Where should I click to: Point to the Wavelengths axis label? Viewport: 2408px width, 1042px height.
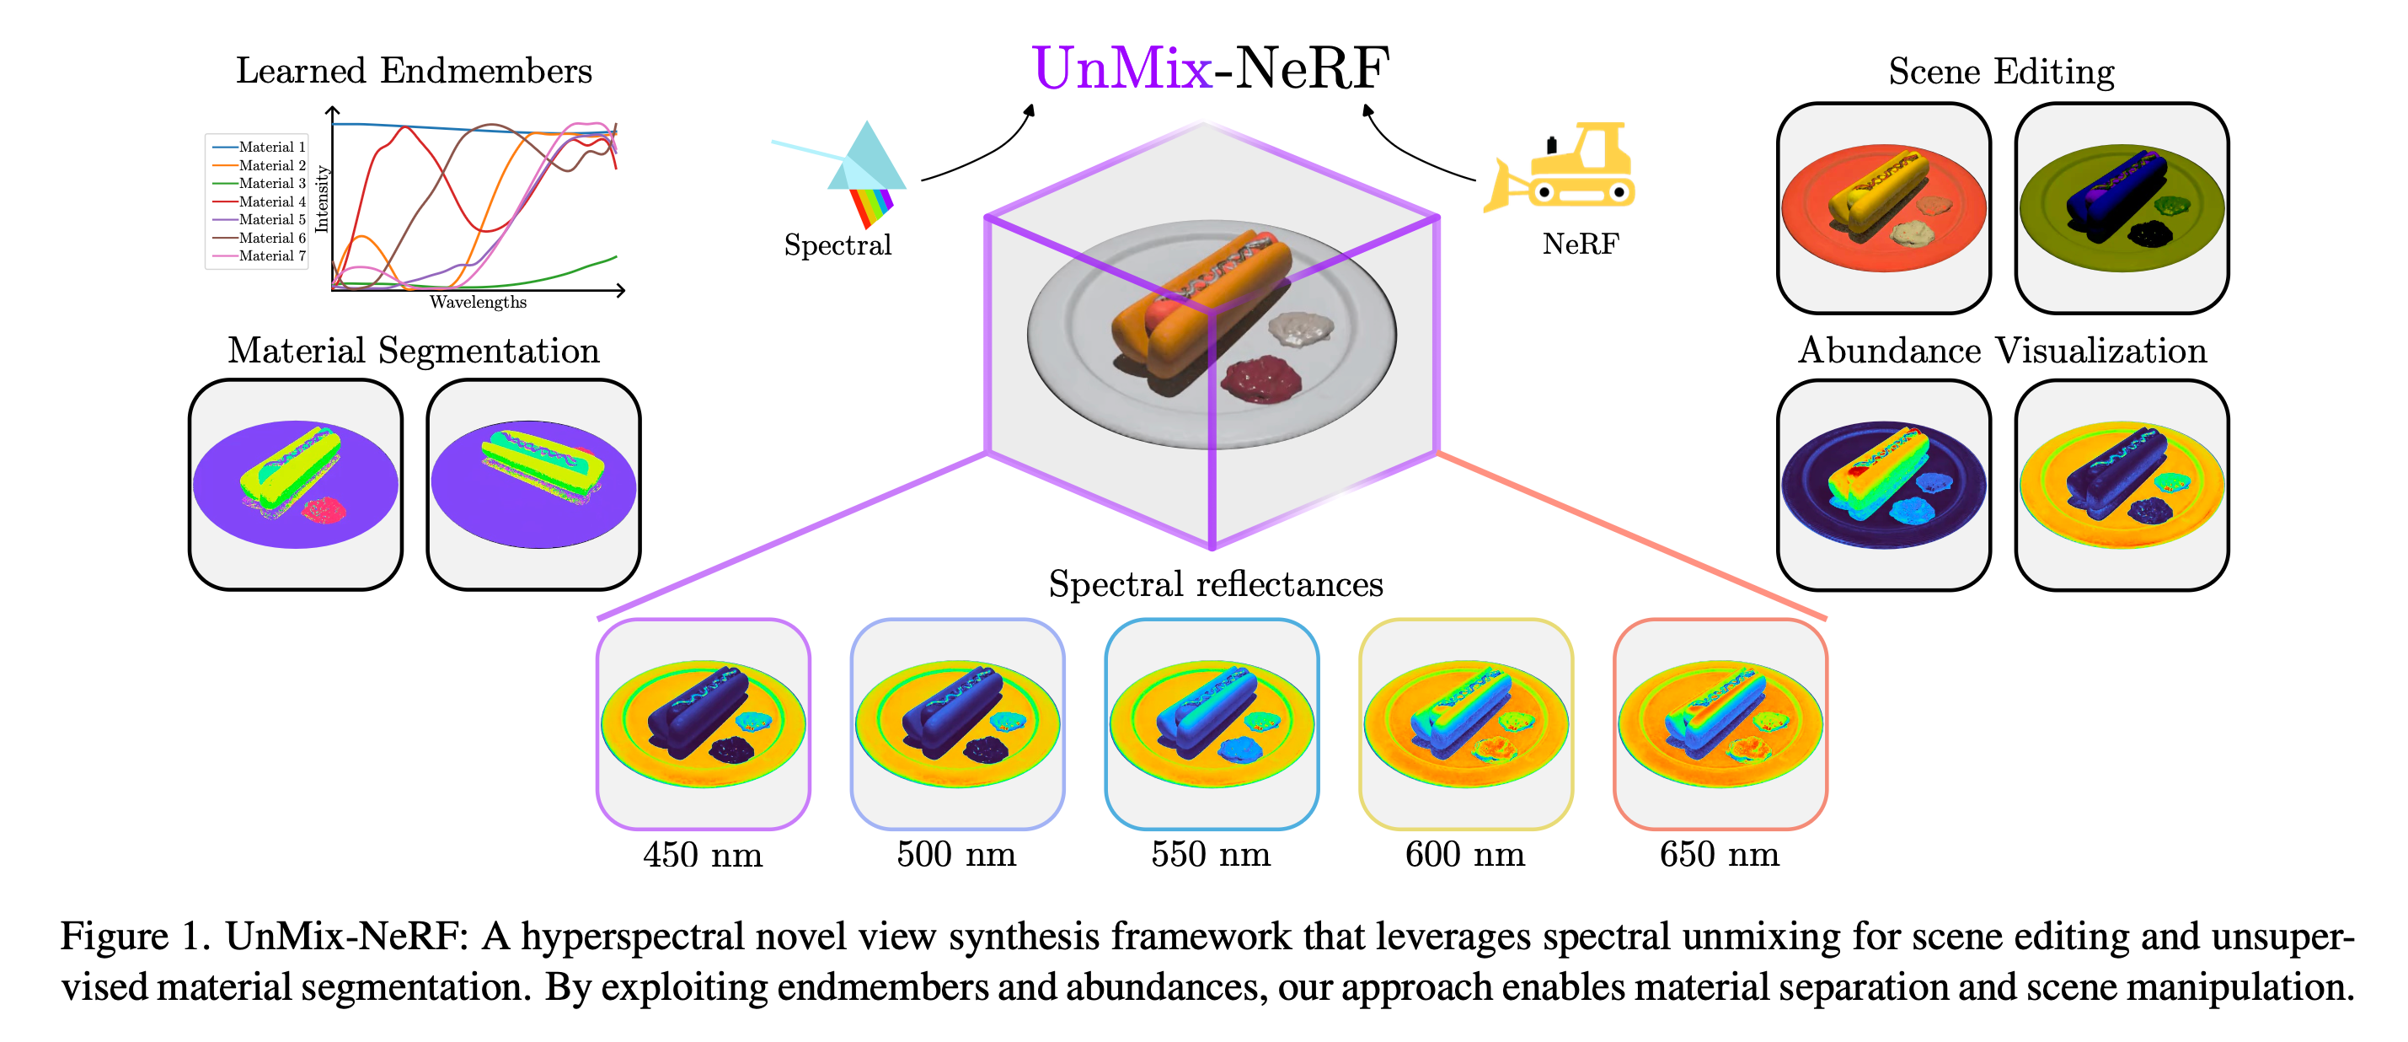tap(478, 302)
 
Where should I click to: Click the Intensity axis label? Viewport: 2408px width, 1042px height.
tap(322, 198)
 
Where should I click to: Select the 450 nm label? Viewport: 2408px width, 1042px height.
tap(703, 855)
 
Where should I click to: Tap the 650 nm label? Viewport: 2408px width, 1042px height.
tap(1719, 854)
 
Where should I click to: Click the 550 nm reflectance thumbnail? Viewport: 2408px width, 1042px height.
tap(1212, 724)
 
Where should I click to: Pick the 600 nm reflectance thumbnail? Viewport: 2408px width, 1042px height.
tap(1466, 724)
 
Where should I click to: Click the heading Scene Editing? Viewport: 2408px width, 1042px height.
tap(2001, 72)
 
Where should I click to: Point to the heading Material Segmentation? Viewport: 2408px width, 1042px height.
tap(413, 351)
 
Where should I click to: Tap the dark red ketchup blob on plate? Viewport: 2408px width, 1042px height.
tap(1262, 379)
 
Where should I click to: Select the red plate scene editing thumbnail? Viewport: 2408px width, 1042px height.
tap(1884, 207)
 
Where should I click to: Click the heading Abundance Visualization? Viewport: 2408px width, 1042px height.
tap(2002, 351)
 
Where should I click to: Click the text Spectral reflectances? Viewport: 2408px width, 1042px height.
tap(1215, 584)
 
